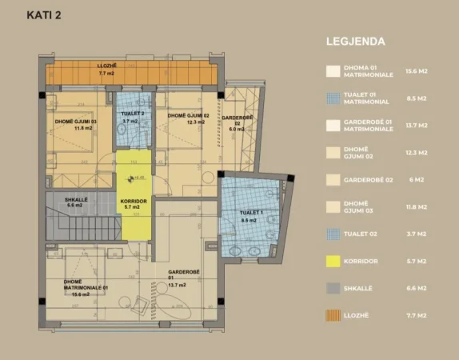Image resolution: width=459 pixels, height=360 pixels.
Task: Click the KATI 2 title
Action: (46, 14)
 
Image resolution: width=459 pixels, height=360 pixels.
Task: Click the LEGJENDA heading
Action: (357, 41)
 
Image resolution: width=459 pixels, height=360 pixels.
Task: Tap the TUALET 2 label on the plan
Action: (132, 114)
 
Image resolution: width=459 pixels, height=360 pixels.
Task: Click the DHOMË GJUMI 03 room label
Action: (75, 122)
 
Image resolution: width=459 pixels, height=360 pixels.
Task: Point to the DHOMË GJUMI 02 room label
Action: (188, 115)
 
